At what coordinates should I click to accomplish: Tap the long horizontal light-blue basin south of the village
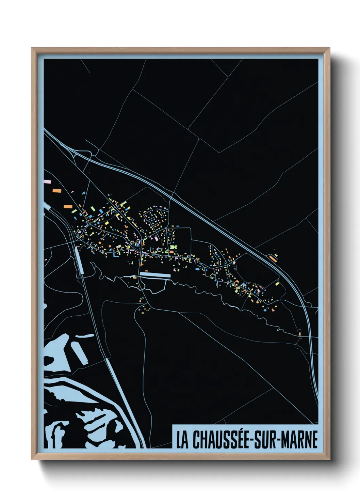[155, 274]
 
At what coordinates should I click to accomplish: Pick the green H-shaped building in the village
[174, 247]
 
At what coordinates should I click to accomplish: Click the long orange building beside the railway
[273, 258]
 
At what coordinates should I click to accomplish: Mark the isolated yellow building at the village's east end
[277, 283]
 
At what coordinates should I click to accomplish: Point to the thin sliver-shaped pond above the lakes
[84, 336]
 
